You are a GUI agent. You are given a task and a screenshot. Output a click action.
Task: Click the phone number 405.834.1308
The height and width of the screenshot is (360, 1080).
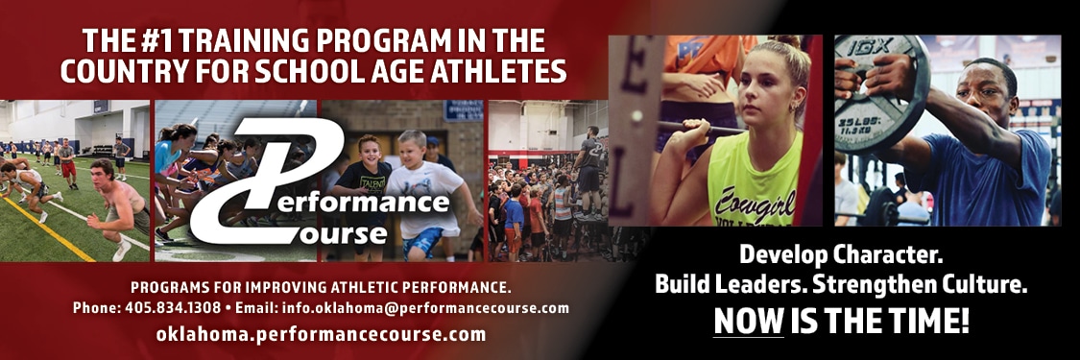coord(173,308)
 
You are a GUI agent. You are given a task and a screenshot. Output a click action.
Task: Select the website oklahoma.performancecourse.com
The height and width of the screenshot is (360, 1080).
coord(321,335)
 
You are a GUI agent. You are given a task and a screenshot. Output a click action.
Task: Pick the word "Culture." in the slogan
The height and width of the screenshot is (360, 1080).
coord(979,283)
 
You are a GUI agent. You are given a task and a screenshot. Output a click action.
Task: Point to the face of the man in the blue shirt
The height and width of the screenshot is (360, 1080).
coord(986,93)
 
